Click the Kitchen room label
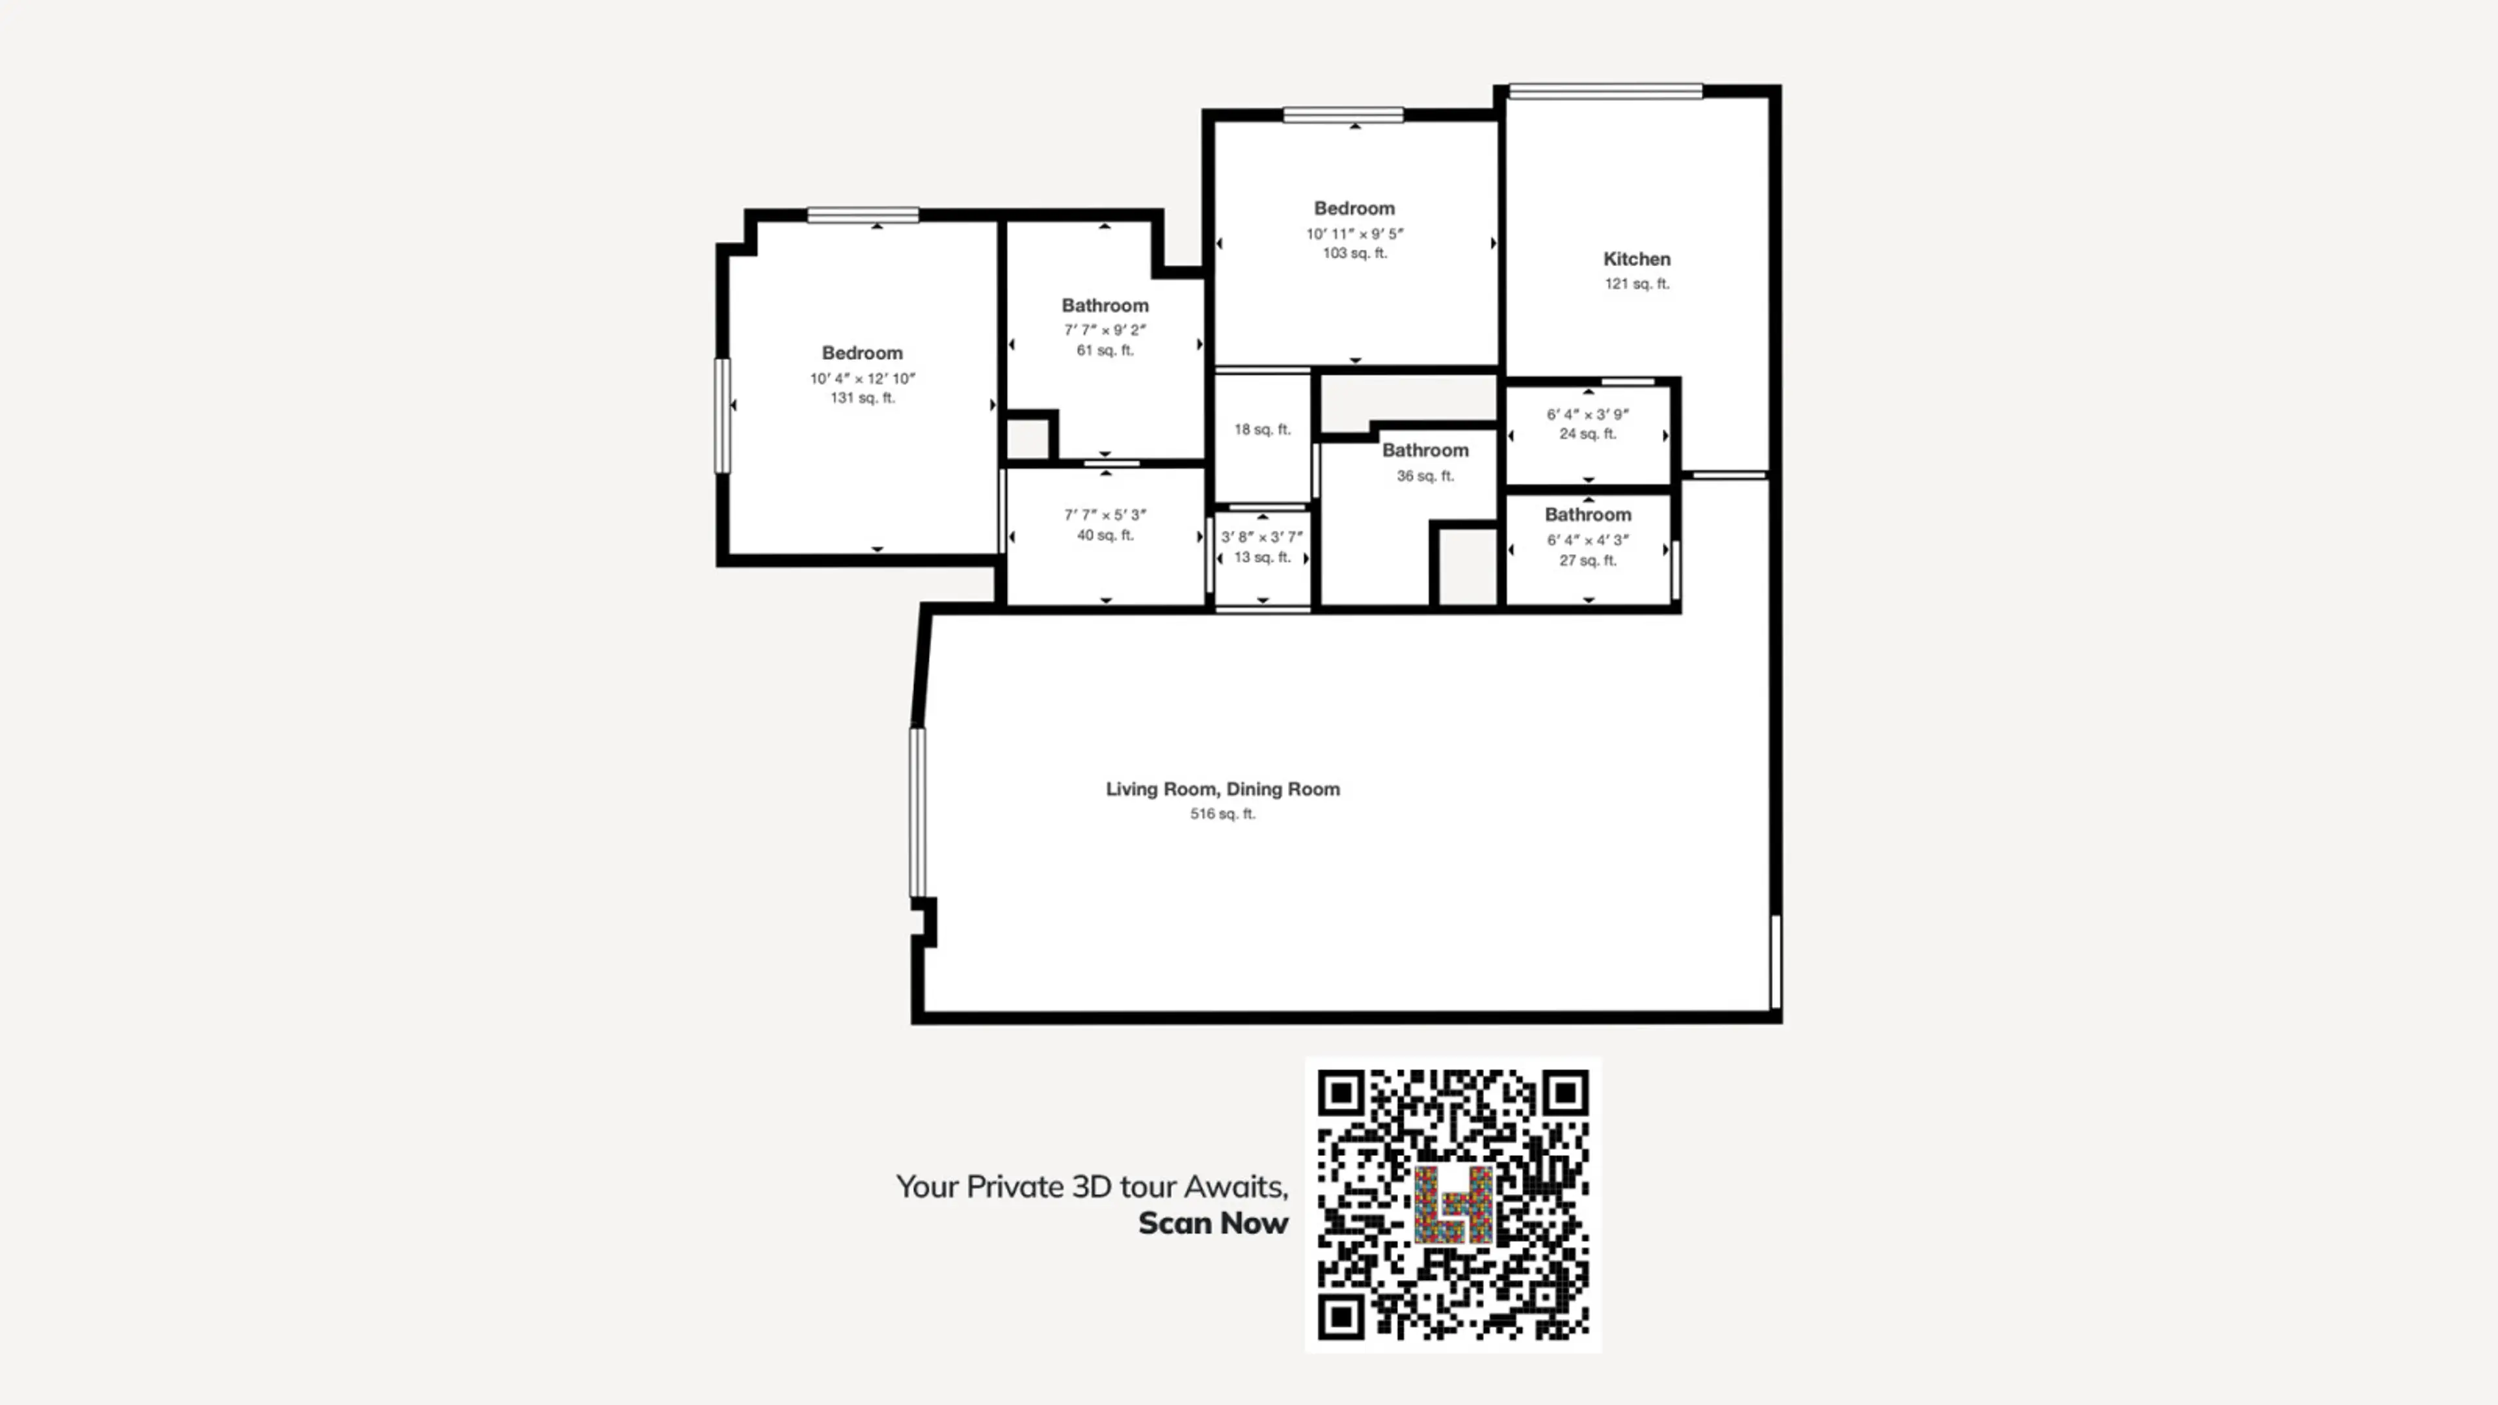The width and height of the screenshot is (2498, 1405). pos(1636,259)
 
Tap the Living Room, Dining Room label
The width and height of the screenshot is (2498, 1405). pos(1223,789)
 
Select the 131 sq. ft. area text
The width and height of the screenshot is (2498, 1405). pos(862,397)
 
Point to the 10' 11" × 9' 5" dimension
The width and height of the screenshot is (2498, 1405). pos(1354,234)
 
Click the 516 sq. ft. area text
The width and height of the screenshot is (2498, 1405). pos(1223,814)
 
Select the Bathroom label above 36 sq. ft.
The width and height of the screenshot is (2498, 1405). pos(1425,450)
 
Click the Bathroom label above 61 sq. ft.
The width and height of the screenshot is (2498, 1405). pos(1105,306)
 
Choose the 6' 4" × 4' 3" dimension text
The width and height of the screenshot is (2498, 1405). pos(1587,540)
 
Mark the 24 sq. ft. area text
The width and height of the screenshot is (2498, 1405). pos(1587,433)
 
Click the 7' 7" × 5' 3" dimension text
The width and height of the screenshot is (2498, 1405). pos(1105,515)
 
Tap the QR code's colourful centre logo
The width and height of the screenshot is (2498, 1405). pos(1453,1204)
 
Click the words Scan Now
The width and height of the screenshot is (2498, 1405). pos(1213,1224)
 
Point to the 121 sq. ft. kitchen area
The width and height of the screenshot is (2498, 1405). pos(1636,284)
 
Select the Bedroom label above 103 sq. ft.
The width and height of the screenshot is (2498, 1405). pos(1354,208)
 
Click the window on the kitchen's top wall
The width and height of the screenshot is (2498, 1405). pos(1605,91)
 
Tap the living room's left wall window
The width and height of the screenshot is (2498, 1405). pos(917,812)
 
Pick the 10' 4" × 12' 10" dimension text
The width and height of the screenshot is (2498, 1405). pos(862,378)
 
